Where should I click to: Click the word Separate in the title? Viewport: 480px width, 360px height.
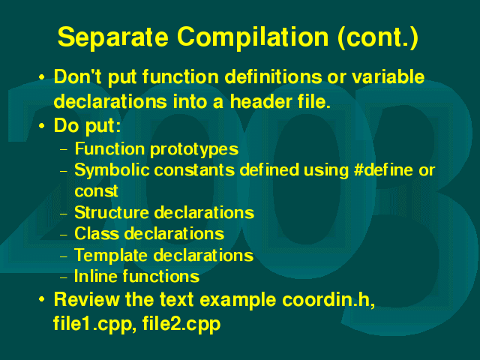[113, 37]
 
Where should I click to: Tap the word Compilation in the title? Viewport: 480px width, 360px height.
[253, 37]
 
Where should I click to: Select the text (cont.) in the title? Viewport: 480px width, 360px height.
[378, 37]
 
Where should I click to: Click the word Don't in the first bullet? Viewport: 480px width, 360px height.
[77, 76]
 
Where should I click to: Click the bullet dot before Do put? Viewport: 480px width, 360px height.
[42, 126]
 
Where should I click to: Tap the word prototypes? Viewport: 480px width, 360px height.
[194, 150]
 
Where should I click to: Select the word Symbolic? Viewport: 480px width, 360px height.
[112, 170]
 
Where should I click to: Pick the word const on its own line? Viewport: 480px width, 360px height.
[96, 191]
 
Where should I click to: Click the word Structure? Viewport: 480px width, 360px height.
[112, 212]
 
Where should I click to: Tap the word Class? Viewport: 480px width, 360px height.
[97, 233]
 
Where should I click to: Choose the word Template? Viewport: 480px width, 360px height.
[111, 256]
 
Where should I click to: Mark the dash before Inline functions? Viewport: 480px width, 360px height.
[64, 277]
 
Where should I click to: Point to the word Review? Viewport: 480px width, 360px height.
[87, 299]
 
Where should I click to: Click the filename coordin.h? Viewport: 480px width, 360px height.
[328, 300]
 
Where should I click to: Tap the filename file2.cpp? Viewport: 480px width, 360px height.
[181, 324]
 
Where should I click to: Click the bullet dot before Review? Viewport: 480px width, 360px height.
[42, 299]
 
